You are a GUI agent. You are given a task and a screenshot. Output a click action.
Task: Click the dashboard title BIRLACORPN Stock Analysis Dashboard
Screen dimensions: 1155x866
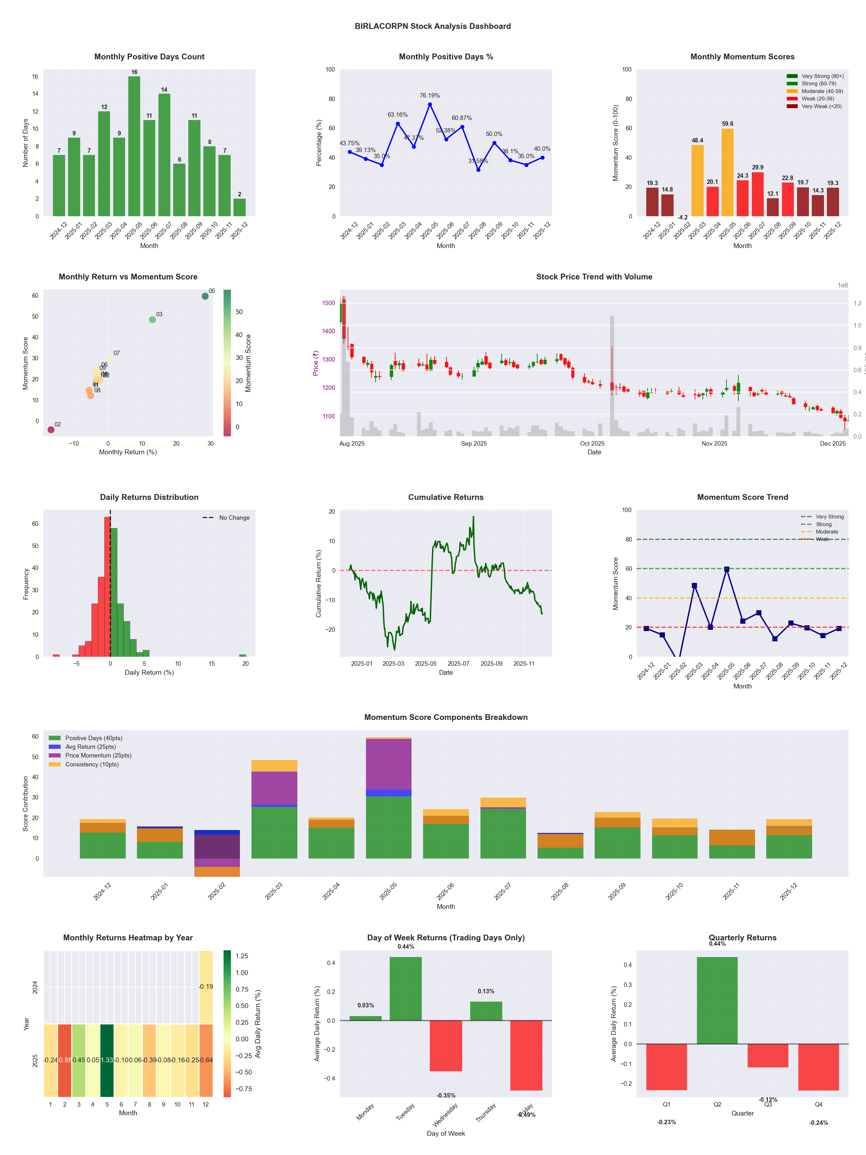432,26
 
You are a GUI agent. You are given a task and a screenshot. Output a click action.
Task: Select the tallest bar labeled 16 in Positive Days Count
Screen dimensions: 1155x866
134,146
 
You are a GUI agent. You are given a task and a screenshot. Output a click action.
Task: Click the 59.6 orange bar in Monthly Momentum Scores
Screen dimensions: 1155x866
727,172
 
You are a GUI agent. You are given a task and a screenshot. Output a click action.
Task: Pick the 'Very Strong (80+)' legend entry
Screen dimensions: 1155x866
822,76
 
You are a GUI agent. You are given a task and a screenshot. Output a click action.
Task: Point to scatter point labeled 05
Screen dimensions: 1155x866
205,296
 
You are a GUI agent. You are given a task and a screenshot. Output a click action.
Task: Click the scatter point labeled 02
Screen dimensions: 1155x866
51,430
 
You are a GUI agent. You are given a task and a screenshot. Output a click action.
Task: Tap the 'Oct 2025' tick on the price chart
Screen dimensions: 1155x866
592,444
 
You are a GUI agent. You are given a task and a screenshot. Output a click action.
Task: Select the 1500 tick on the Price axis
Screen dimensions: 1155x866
328,303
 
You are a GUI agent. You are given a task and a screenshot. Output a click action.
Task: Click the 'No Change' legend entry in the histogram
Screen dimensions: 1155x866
234,518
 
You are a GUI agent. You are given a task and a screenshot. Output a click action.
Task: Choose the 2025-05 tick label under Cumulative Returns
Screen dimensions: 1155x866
425,664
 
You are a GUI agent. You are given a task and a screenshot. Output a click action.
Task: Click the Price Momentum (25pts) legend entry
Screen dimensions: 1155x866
98,756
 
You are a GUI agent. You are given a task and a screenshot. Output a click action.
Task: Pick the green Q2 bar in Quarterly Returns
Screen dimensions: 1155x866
717,1000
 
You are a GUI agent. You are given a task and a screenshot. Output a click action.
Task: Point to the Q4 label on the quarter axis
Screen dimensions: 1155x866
819,1104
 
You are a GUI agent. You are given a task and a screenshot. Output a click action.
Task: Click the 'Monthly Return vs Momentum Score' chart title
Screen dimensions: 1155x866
128,277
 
